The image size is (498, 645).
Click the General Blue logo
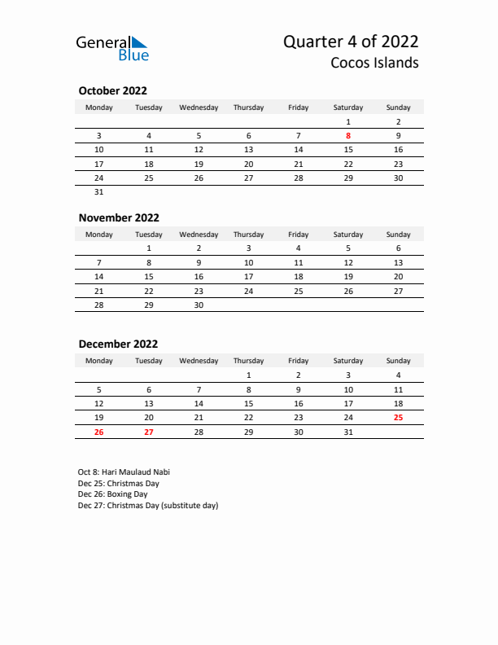112,48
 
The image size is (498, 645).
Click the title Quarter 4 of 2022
351,42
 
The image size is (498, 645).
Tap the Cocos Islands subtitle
375,63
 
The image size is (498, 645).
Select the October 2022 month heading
112,91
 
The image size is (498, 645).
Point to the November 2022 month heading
119,217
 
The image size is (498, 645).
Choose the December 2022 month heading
118,344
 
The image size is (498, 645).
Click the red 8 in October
348,136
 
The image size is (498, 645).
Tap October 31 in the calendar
99,192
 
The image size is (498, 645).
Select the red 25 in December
398,417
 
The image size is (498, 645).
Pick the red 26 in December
99,432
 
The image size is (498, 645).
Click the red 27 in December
149,432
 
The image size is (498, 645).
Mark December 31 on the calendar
348,432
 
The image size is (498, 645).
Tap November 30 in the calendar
199,305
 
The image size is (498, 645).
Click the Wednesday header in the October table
199,107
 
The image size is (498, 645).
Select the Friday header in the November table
299,235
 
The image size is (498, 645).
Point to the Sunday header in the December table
398,361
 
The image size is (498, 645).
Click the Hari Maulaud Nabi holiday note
124,472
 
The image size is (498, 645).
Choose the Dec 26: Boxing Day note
112,494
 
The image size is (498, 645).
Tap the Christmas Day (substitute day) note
148,506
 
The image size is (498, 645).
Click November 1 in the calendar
149,248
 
